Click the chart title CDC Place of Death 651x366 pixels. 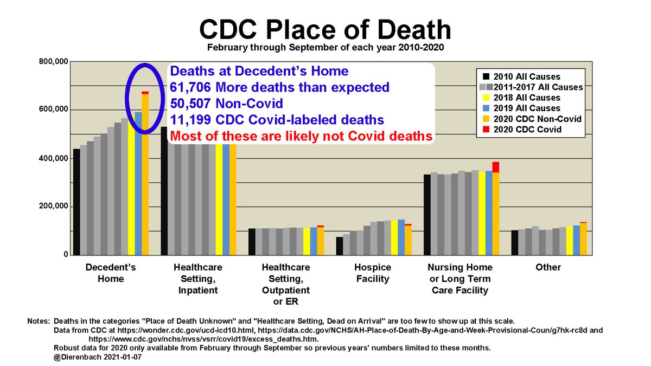tap(325, 28)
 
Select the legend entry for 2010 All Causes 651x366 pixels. tap(529, 77)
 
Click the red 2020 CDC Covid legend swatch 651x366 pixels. tap(487, 129)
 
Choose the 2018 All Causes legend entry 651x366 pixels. tap(529, 98)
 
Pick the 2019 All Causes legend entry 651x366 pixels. tap(529, 108)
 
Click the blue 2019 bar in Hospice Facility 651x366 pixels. tap(401, 237)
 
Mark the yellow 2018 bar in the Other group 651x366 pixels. tap(569, 241)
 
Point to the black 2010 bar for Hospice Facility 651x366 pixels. tap(339, 246)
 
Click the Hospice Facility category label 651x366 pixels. tap(372, 273)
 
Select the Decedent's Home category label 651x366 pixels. tap(111, 273)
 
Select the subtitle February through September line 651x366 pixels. tap(325, 47)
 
